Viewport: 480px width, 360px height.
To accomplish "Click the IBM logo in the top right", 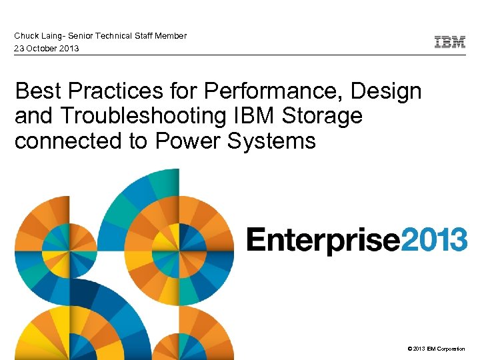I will (450, 42).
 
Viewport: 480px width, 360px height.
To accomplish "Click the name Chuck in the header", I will (26, 36).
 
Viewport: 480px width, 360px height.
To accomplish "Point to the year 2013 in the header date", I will (69, 49).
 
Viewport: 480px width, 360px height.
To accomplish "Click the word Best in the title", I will (36, 91).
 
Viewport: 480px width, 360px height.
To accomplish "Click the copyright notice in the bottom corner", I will (434, 349).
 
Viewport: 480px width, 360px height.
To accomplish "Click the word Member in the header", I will (171, 36).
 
